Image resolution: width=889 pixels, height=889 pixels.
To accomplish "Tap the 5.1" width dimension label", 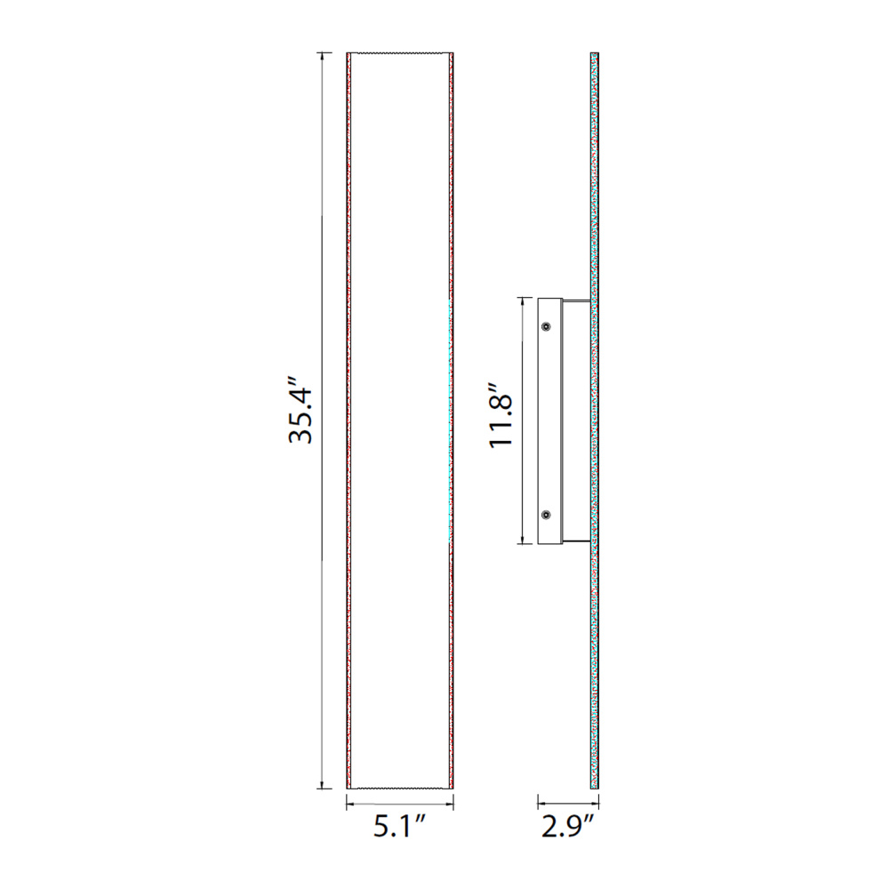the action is [400, 828].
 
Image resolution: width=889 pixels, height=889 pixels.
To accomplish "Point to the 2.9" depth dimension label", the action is [567, 828].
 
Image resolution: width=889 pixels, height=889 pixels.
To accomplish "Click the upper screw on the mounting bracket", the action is [546, 326].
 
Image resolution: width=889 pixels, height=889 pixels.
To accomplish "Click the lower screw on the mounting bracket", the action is [546, 515].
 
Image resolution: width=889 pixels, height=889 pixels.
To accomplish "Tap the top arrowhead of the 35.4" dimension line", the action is [323, 57].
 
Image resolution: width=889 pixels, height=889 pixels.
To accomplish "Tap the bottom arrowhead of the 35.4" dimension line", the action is [323, 784].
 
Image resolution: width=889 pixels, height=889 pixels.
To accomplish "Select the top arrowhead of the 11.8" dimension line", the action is [523, 301].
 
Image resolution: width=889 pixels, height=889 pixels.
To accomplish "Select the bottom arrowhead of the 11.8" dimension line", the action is [523, 540].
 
